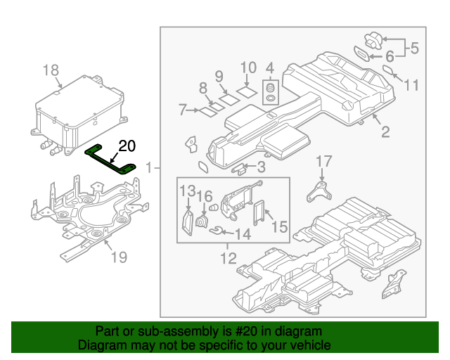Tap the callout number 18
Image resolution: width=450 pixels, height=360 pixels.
click(51, 70)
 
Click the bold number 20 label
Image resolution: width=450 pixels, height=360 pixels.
click(127, 146)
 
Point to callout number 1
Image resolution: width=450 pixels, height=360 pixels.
click(149, 168)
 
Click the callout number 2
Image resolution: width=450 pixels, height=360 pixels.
click(385, 131)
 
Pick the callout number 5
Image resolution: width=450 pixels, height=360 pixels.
click(414, 49)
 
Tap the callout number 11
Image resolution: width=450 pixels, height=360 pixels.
click(411, 85)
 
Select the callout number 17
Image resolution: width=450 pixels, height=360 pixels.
click(323, 161)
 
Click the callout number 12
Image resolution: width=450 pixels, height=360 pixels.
click(228, 258)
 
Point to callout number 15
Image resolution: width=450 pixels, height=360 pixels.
click(279, 226)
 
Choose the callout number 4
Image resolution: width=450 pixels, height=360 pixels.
click(269, 68)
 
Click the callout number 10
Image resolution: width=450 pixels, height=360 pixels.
click(248, 68)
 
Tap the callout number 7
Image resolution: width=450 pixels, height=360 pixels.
click(182, 110)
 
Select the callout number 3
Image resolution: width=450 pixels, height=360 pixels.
click(261, 167)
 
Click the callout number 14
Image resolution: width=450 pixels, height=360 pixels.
click(242, 234)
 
